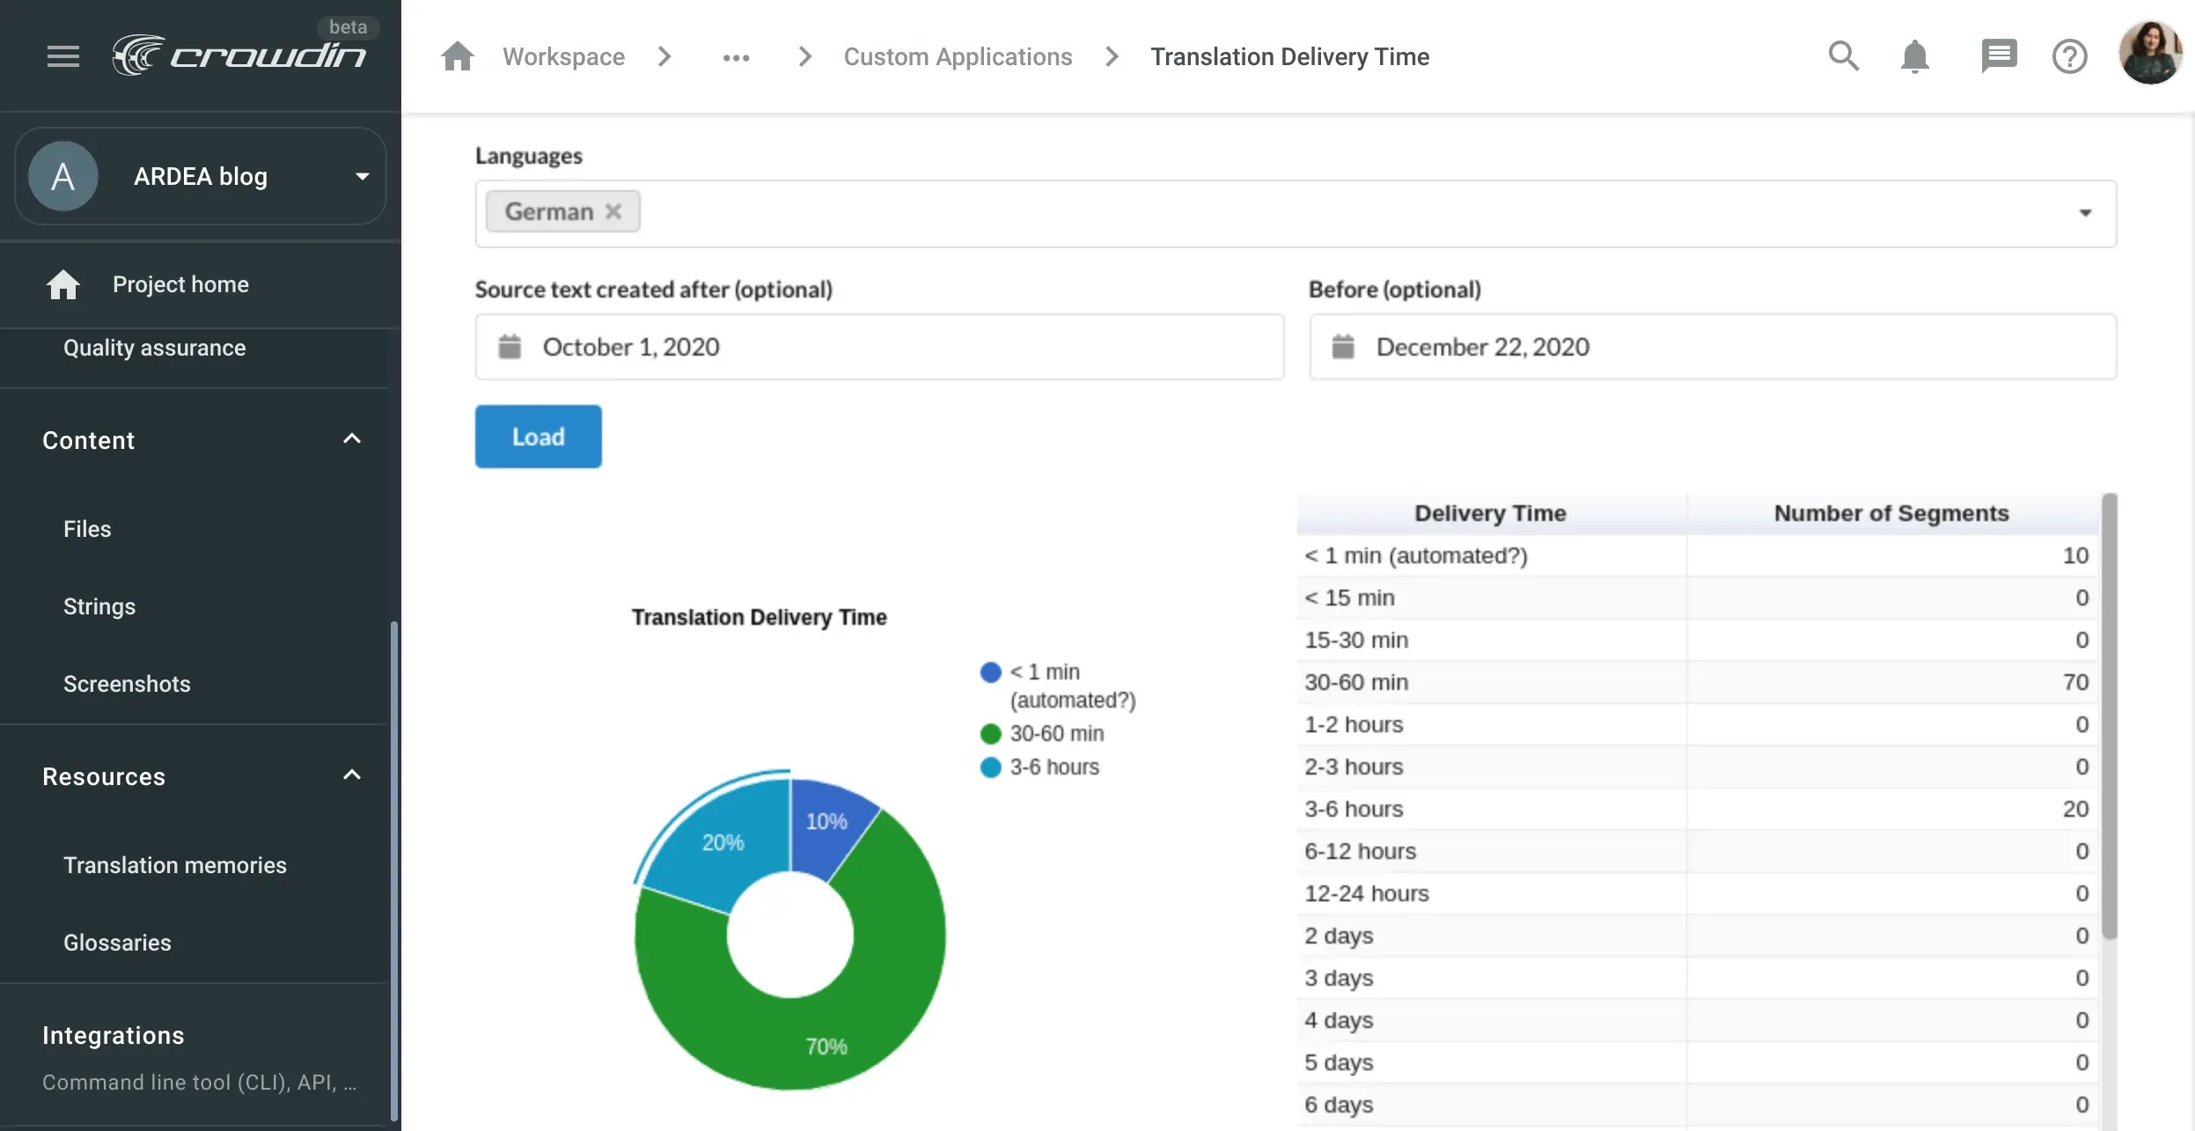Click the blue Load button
(x=538, y=437)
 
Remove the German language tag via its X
(x=613, y=211)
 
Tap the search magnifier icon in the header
(x=1843, y=56)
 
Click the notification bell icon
(x=1914, y=57)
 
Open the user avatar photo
(x=2150, y=55)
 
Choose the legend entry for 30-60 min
(x=1055, y=733)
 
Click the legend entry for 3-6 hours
(x=1053, y=767)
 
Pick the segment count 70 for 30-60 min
(x=2074, y=682)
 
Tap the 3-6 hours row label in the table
(x=1354, y=809)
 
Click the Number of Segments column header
(x=1890, y=513)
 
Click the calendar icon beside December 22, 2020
(x=1343, y=347)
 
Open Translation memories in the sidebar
(x=175, y=865)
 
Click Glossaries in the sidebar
(x=117, y=943)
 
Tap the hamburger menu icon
(x=63, y=56)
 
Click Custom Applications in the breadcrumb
(x=958, y=56)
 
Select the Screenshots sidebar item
(x=127, y=684)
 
